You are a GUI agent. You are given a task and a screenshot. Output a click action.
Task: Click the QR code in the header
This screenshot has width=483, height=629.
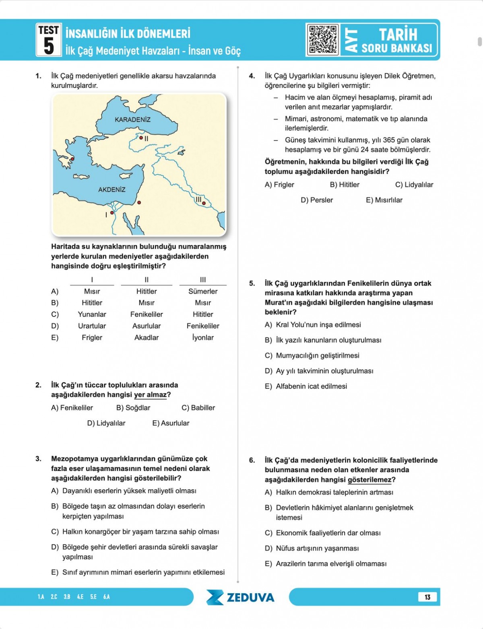pos(322,39)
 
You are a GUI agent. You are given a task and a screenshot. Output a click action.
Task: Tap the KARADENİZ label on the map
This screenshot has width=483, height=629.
pos(132,119)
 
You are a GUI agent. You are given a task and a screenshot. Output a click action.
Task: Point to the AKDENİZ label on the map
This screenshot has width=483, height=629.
pos(112,189)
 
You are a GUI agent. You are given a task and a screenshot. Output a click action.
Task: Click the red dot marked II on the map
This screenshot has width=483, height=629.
pos(141,138)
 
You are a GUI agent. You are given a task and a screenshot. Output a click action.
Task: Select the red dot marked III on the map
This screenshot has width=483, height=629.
pos(204,203)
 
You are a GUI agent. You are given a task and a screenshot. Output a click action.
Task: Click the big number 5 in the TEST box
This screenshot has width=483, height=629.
pos(49,45)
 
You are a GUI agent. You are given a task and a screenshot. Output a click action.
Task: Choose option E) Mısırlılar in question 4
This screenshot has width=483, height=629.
pos(384,200)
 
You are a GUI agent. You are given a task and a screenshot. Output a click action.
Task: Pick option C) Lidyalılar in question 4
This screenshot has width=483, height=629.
pos(414,185)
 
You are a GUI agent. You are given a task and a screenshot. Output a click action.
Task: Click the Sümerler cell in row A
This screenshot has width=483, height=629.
pos(203,291)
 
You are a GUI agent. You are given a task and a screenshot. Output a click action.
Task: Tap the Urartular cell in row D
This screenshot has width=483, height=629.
pos(92,326)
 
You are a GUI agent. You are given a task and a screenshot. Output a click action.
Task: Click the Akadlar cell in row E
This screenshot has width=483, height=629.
pos(147,337)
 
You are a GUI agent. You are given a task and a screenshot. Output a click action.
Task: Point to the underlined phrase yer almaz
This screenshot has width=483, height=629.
pos(150,395)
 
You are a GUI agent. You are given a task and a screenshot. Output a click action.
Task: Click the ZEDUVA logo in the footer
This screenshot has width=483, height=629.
pos(241,597)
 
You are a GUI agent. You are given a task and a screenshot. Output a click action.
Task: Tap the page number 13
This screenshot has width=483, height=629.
pos(427,597)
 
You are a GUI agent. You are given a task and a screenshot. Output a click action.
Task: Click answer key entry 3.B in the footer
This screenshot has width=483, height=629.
pos(67,597)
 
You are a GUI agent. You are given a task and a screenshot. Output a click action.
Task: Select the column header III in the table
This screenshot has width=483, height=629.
pos(203,280)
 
